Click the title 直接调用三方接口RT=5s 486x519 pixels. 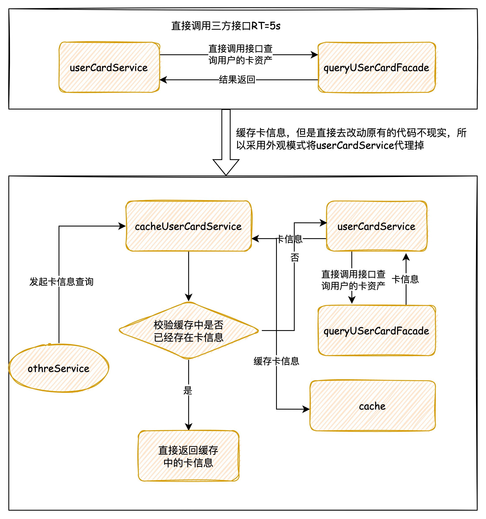(x=226, y=26)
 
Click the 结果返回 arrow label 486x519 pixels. (x=237, y=80)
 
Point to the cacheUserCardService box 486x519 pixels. (x=188, y=226)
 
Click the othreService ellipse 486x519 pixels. (x=59, y=368)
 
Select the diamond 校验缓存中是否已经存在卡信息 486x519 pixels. (x=188, y=331)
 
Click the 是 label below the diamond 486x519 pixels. (x=188, y=391)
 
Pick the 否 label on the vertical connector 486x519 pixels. (x=295, y=258)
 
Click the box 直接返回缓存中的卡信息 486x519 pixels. (x=188, y=456)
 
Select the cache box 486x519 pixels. (x=372, y=406)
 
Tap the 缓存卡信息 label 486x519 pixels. (x=276, y=361)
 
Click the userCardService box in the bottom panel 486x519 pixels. (x=376, y=226)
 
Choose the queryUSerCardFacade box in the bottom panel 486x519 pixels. (x=376, y=331)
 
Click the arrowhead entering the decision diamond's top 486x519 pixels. (x=189, y=298)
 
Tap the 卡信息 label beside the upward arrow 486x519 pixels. (x=405, y=279)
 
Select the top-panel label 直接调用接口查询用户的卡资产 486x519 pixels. (x=240, y=54)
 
